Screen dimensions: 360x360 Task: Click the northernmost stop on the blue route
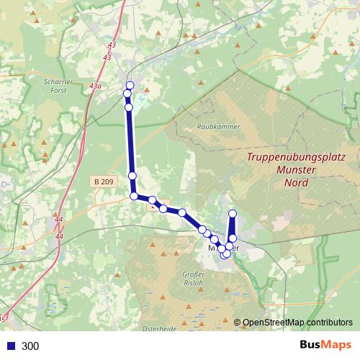(x=130, y=85)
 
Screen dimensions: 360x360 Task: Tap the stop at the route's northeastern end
(x=233, y=213)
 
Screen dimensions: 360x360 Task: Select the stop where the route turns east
(x=134, y=196)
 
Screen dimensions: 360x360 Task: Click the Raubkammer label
(x=218, y=126)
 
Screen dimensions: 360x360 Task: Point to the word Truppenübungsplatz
(x=297, y=157)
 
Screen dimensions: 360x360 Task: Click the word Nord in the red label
(x=296, y=183)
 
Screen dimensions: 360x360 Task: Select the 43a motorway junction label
(x=95, y=86)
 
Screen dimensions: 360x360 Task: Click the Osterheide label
(x=159, y=329)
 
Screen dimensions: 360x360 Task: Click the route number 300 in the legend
(x=31, y=346)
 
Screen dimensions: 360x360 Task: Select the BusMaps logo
(x=325, y=345)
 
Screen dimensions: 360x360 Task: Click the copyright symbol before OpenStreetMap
(x=237, y=323)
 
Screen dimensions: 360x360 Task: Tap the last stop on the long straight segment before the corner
(x=132, y=176)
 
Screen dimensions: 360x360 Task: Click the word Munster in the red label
(x=297, y=170)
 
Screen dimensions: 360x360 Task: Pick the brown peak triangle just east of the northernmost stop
(x=147, y=90)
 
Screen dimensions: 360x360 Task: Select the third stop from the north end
(x=129, y=107)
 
